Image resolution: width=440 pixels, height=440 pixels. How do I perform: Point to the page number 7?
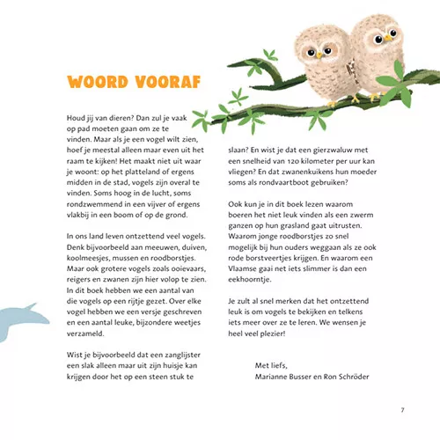[x=401, y=410]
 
